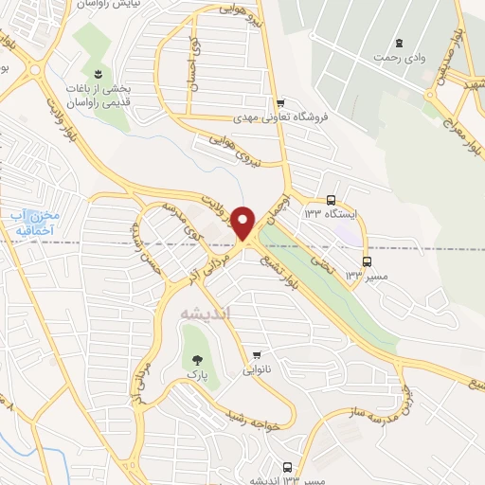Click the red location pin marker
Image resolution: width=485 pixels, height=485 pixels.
click(x=243, y=222)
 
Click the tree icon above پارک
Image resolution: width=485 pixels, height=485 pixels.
click(x=197, y=359)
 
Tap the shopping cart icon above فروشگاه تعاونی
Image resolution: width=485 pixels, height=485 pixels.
click(x=279, y=103)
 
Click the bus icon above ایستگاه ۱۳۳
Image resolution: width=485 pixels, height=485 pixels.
click(x=331, y=200)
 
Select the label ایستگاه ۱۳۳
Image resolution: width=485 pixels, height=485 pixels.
click(x=329, y=213)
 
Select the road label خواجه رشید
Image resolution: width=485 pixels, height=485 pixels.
click(x=256, y=415)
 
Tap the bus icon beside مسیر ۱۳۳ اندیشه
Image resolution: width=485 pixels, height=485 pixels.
click(x=288, y=466)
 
